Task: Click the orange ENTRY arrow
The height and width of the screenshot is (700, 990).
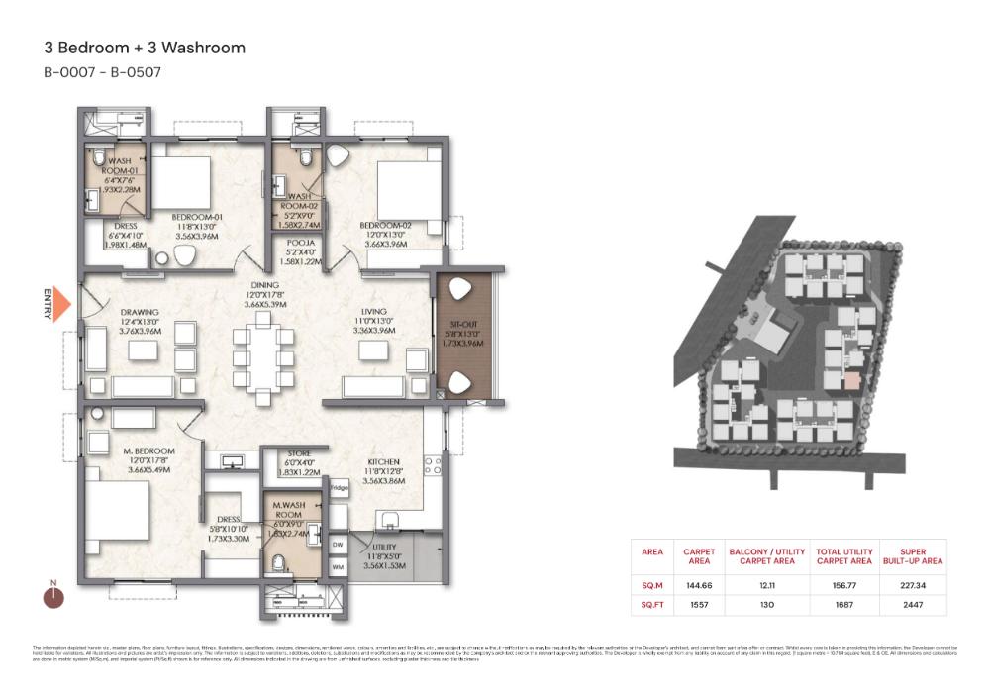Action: click(60, 304)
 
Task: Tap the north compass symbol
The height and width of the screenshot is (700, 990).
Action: click(53, 596)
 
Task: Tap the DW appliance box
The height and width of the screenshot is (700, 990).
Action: click(338, 545)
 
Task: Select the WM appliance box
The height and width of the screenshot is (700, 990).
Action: click(338, 567)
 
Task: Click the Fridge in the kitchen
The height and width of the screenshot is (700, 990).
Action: click(339, 488)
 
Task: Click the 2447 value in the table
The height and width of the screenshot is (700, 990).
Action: click(919, 603)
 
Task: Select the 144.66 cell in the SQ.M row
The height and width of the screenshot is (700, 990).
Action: click(692, 585)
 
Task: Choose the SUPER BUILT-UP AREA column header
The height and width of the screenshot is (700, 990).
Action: click(919, 555)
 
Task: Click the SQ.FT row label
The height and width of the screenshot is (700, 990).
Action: click(651, 603)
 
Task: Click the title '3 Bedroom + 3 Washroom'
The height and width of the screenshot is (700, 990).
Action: click(145, 48)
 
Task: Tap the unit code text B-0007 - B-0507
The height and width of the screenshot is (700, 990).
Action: click(102, 72)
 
